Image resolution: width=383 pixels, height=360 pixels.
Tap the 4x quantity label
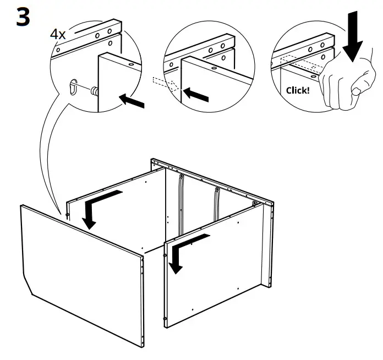click(x=58, y=34)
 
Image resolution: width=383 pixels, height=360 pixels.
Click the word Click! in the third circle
click(x=298, y=90)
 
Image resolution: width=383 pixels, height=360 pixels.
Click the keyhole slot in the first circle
click(x=74, y=88)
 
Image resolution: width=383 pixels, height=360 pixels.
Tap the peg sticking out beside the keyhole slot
click(x=94, y=90)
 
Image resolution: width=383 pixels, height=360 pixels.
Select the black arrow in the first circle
click(x=132, y=101)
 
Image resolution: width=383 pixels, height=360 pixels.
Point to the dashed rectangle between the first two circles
click(x=163, y=83)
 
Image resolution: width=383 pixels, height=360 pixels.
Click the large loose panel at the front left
click(x=83, y=275)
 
